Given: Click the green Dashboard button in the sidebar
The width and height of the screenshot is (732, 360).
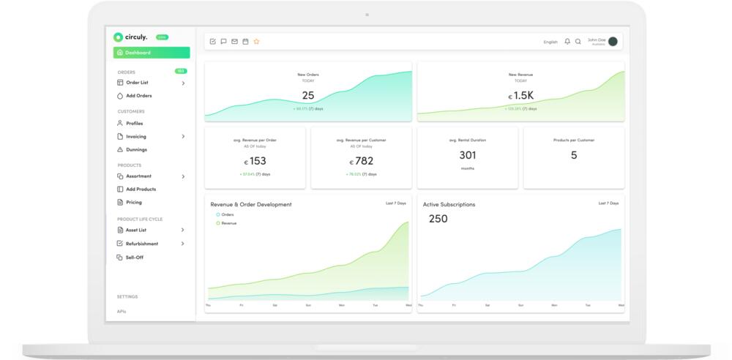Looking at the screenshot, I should click(152, 53).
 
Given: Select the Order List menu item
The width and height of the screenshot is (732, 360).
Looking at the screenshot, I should click(137, 83).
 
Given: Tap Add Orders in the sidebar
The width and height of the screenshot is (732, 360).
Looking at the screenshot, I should click(138, 96).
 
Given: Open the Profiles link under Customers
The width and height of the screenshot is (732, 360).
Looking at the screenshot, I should click(134, 124).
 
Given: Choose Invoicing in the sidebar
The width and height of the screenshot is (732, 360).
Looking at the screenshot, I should click(135, 137).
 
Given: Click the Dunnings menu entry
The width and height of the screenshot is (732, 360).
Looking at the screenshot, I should click(136, 150).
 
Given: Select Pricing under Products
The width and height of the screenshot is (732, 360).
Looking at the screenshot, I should click(133, 203).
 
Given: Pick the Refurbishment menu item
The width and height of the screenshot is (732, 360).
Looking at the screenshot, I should click(141, 244).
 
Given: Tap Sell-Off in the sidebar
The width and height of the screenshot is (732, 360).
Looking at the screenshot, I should click(134, 258).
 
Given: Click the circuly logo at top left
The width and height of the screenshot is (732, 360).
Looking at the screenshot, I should click(131, 37).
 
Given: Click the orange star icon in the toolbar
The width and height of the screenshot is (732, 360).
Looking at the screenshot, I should click(256, 42).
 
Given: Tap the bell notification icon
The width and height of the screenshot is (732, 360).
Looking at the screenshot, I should click(567, 42).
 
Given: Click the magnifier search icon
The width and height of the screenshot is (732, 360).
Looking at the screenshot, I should click(578, 42).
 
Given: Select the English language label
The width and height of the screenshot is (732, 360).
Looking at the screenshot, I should click(550, 42).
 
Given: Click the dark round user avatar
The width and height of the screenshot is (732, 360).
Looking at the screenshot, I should click(613, 42).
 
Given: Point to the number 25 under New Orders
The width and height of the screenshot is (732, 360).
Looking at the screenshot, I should click(308, 95).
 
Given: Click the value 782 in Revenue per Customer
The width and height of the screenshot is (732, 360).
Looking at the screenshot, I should click(364, 161).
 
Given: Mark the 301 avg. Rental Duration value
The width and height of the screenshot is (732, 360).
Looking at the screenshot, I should click(468, 155).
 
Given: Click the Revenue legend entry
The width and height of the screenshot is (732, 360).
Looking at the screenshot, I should click(228, 223).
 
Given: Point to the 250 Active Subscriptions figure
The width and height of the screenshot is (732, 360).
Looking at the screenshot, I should click(438, 219).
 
